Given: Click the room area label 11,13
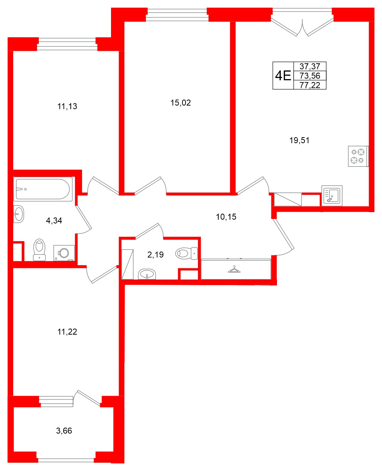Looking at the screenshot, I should point(67,107).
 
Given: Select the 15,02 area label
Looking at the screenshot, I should point(181,103).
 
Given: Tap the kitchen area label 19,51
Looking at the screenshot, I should point(299,141).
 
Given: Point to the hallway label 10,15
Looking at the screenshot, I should point(226,217).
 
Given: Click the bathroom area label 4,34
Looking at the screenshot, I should point(54,221).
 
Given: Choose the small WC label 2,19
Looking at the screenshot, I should point(155,255).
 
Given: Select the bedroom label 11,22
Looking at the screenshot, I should point(67,332).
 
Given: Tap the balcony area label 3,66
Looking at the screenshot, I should point(64,431).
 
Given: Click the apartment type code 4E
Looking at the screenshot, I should point(283,76).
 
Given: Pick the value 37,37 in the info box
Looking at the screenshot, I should point(310,67).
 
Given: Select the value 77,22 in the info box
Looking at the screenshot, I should point(310,85).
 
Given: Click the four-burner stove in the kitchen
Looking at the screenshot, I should point(358,156).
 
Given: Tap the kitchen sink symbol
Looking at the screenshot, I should point(332,196).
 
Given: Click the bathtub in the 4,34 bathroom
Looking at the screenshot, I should point(43,189).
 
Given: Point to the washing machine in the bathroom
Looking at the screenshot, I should point(64,253).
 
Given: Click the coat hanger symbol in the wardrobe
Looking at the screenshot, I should point(234,269).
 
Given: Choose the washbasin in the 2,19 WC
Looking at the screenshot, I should point(147,274).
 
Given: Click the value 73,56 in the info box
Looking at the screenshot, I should point(310,76).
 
